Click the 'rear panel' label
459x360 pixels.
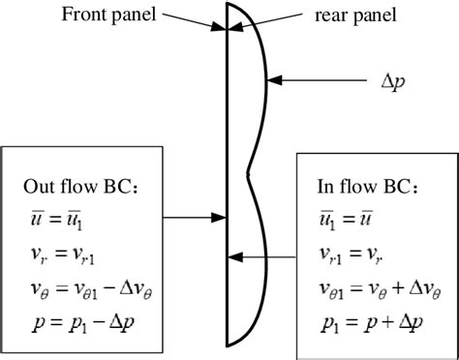click(x=341, y=16)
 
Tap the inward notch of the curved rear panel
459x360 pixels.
click(x=249, y=173)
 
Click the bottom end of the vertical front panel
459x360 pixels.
click(x=227, y=344)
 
